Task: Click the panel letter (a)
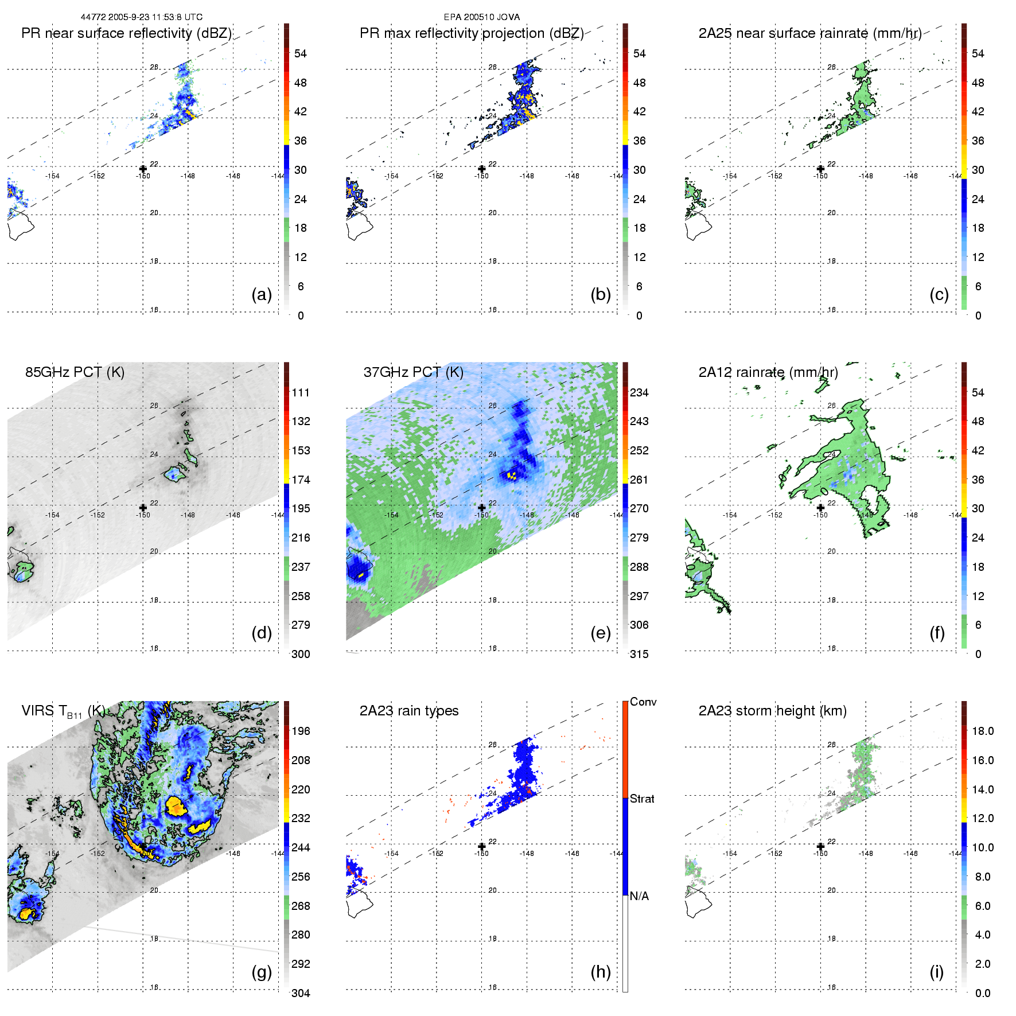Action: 262,295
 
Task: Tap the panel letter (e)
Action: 600,633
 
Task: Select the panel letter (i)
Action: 936,972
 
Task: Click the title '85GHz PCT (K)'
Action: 75,372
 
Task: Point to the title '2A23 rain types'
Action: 409,711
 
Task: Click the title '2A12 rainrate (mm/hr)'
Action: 768,372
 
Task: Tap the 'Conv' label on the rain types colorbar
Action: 643,702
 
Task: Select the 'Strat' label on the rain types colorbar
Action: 642,799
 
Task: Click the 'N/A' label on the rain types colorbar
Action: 639,896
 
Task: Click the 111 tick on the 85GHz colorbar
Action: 301,392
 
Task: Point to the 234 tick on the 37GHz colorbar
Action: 639,392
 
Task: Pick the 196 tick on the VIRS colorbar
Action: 301,731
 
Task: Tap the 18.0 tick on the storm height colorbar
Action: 983,731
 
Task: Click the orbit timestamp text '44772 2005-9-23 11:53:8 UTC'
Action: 141,17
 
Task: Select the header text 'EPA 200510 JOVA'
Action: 482,17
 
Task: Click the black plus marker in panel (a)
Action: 143,169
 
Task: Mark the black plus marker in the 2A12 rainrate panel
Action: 820,507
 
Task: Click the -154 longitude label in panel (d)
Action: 52,515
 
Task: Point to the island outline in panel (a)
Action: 21,225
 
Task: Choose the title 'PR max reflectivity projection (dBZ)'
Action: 472,33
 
